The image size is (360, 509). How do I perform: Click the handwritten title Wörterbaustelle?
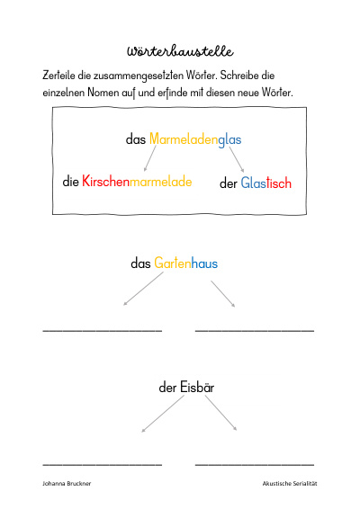[180, 51]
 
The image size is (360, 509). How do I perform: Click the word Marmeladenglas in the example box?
[195, 139]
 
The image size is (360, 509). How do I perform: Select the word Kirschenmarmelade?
[137, 181]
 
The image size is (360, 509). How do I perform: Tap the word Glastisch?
[266, 183]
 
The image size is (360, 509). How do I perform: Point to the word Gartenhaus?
[185, 263]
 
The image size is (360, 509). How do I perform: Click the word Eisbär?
[197, 388]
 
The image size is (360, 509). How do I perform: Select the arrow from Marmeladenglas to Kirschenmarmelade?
[149, 158]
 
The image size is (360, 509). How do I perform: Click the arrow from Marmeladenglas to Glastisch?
[237, 159]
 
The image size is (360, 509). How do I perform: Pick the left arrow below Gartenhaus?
[143, 289]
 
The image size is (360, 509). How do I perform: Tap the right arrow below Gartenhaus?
[223, 294]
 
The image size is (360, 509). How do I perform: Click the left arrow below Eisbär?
[163, 414]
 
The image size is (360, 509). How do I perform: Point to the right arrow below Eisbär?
[220, 414]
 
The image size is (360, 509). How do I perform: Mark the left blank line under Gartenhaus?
[103, 330]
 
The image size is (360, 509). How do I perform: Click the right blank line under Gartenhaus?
[255, 330]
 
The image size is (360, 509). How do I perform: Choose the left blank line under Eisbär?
[103, 465]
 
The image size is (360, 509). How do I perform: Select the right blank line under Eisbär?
[255, 465]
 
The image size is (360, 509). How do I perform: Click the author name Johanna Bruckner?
[67, 483]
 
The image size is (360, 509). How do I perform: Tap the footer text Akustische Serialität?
[290, 483]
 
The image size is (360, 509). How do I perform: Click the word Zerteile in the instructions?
[58, 76]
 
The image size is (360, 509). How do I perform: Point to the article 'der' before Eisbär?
[167, 388]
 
